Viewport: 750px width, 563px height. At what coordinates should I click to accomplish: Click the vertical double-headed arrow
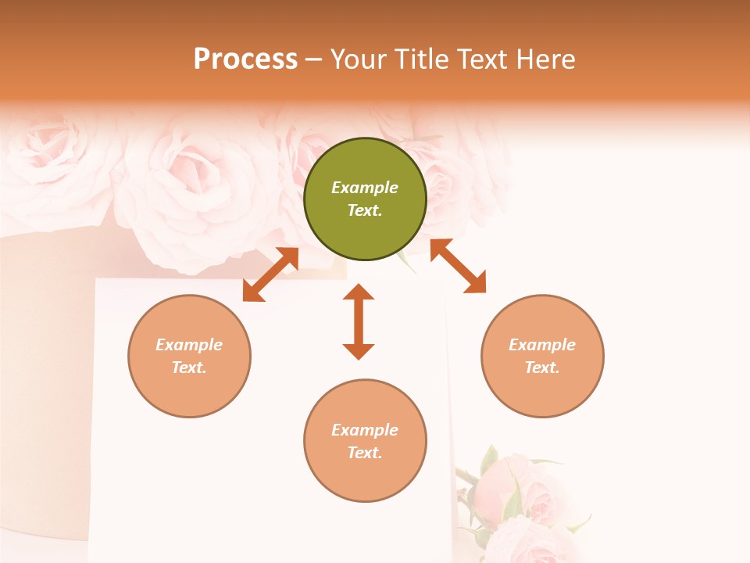(359, 321)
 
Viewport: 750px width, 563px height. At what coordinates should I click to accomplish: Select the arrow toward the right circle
(458, 266)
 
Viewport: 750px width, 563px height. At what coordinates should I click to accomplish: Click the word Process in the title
(245, 59)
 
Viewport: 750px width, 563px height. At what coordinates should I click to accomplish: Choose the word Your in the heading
(359, 59)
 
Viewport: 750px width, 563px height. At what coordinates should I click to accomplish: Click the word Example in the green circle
(365, 188)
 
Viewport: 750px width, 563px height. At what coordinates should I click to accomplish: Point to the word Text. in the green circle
(365, 210)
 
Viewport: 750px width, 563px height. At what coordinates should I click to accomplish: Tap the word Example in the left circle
(189, 345)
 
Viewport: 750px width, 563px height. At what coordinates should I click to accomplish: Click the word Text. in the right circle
(542, 368)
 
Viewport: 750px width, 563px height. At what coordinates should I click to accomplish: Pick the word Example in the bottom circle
(365, 430)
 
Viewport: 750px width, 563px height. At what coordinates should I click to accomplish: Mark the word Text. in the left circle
(189, 368)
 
